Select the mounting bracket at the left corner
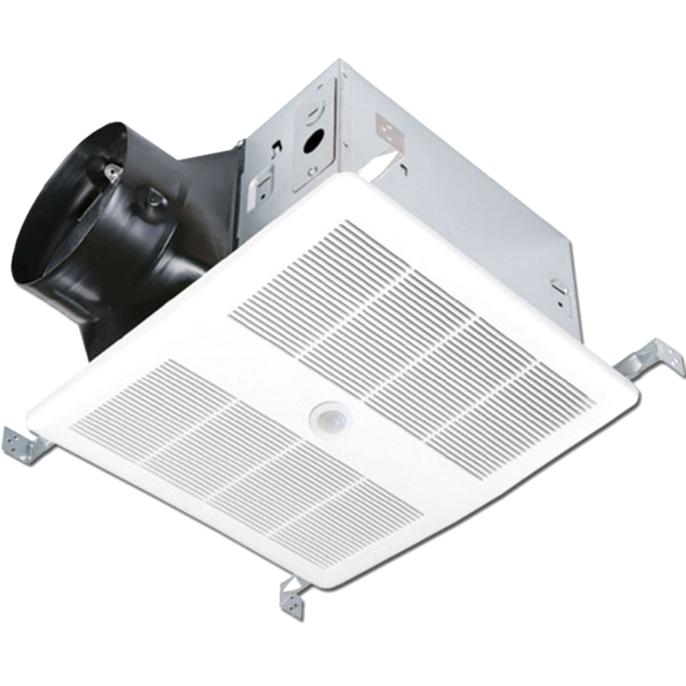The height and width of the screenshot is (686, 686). [26, 445]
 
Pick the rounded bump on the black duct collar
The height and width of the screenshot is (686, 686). [154, 202]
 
